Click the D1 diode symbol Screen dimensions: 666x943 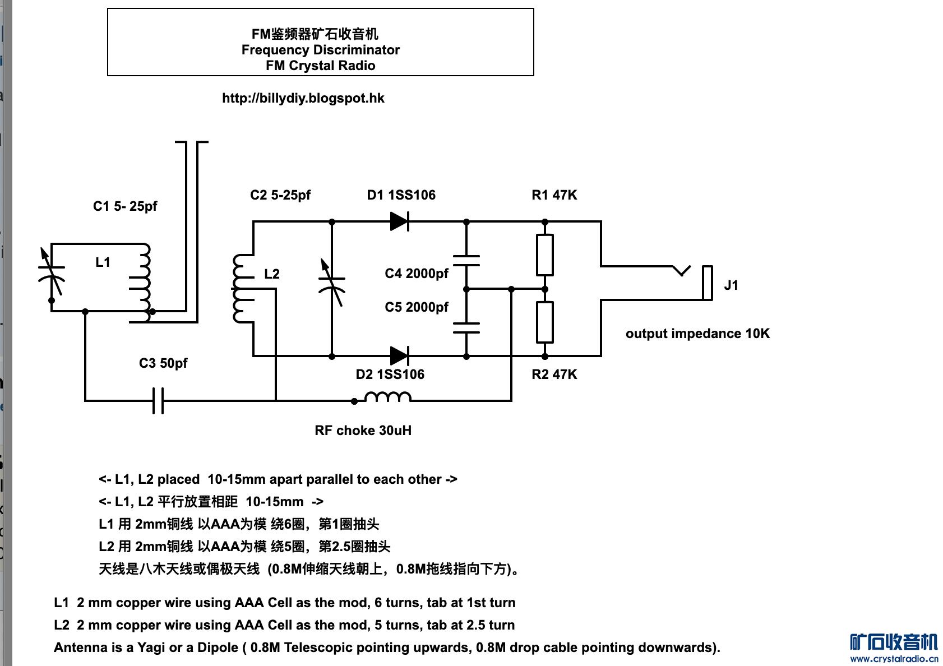coord(399,221)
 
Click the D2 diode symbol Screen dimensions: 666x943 coord(399,355)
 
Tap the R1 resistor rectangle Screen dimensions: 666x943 coord(545,255)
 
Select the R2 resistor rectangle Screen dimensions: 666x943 coord(545,322)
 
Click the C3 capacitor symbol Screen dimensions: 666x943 coord(159,401)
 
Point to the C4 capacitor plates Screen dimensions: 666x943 coord(466,261)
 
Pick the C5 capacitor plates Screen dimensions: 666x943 coord(466,328)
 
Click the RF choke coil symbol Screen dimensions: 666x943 coord(388,397)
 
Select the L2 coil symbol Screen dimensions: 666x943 coord(242,289)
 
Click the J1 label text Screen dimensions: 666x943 coord(731,285)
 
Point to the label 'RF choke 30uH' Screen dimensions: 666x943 coord(363,431)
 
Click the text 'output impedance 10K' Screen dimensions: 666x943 coord(697,334)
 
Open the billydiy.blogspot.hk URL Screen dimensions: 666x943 coord(303,99)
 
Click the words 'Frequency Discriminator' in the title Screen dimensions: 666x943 coord(320,50)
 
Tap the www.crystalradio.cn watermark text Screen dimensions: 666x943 coord(894,659)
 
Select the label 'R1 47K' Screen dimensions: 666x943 coord(554,195)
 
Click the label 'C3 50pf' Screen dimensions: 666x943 coord(163,363)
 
